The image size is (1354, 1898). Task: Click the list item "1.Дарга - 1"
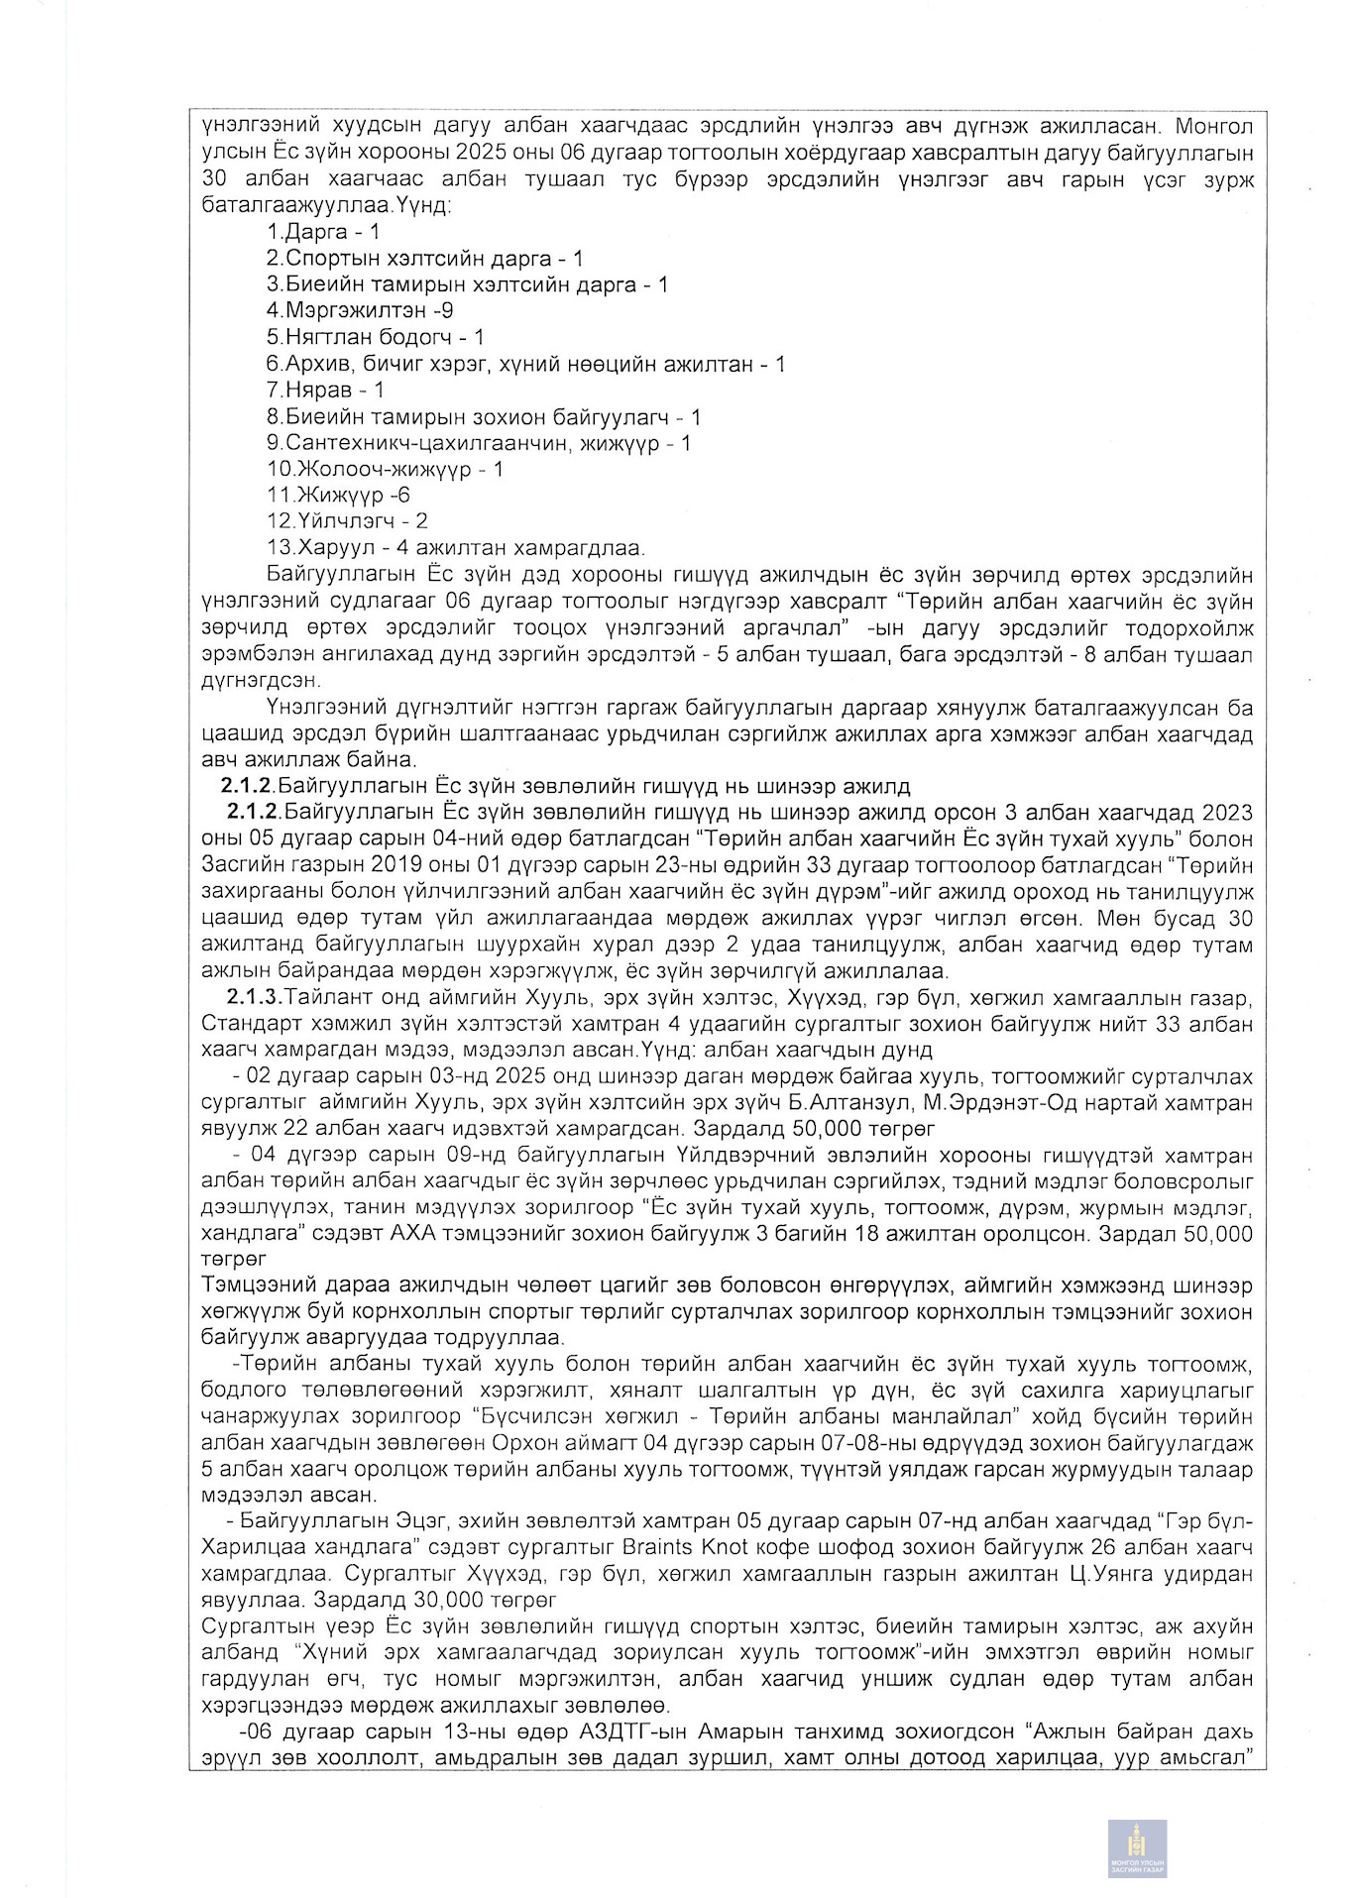[322, 232]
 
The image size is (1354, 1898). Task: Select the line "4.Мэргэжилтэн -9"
[360, 310]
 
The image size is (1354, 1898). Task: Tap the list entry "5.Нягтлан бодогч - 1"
[375, 337]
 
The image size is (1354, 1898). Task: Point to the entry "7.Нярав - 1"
[325, 390]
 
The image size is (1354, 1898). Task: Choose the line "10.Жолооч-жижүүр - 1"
[385, 469]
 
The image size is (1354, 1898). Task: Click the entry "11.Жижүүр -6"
[338, 495]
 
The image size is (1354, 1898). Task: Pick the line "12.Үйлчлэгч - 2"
[347, 520]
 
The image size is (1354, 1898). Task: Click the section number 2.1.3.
[254, 997]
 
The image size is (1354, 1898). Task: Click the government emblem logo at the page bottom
[1137, 1848]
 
